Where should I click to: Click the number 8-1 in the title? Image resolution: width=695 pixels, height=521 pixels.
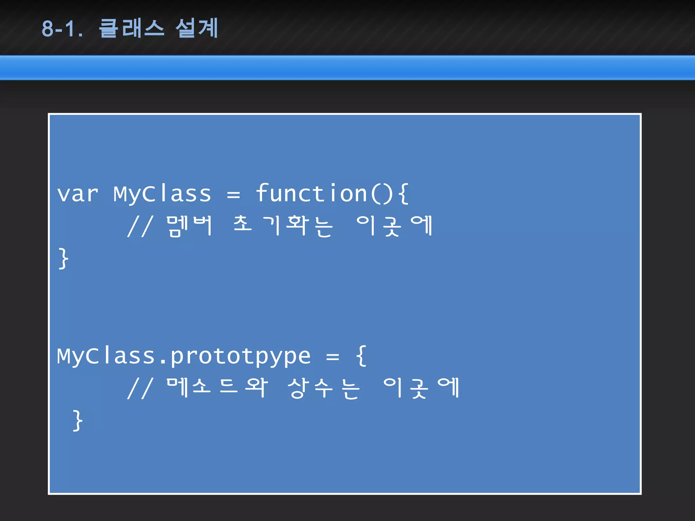click(62, 28)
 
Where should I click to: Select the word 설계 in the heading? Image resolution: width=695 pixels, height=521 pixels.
click(197, 28)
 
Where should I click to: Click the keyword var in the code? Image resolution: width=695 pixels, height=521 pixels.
click(77, 194)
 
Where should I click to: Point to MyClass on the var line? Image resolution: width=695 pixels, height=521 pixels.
click(162, 194)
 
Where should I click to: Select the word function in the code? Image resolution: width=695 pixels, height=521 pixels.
click(312, 193)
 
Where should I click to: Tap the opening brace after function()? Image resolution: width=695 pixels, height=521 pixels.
click(403, 193)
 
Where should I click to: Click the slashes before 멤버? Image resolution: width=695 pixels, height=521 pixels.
click(140, 226)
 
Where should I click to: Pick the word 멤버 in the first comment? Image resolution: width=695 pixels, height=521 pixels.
click(189, 226)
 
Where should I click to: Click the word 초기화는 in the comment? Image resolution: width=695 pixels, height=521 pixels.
click(283, 226)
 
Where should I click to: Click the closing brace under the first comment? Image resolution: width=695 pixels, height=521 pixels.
click(63, 258)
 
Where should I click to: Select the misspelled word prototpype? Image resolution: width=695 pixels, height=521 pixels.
click(240, 356)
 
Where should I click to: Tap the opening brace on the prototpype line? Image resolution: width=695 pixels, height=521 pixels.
click(361, 355)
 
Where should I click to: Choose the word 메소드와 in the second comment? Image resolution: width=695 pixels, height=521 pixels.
click(217, 388)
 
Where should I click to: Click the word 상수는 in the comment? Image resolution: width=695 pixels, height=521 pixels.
click(323, 388)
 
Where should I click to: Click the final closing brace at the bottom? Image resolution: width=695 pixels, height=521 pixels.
click(77, 421)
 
